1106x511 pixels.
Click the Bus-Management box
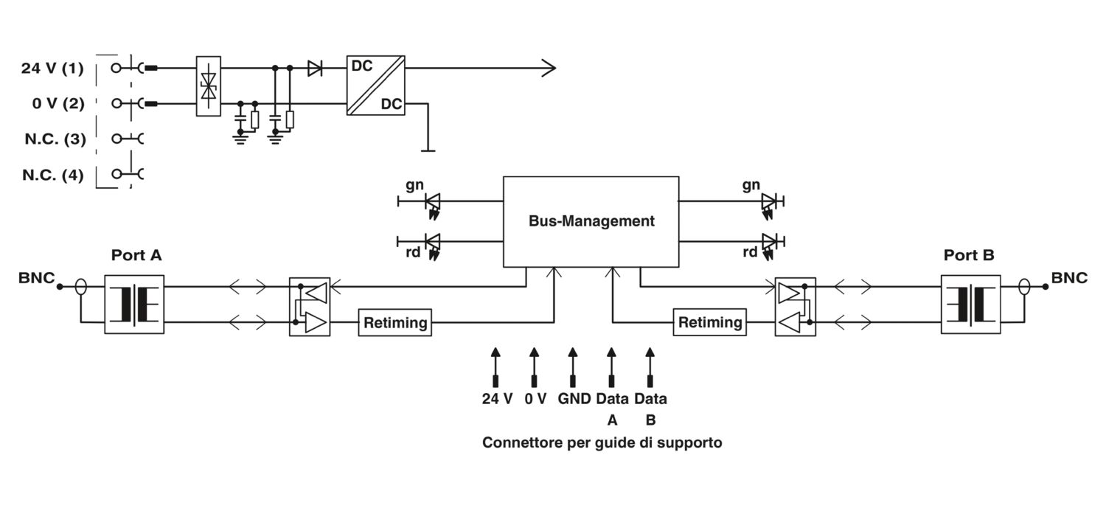tap(591, 221)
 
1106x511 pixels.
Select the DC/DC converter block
tap(375, 85)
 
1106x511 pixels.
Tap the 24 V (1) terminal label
tap(52, 69)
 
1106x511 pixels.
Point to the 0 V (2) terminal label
tap(58, 103)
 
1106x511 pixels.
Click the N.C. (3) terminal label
tap(55, 139)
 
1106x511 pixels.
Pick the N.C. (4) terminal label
tap(52, 175)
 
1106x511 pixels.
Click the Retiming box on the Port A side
tap(395, 322)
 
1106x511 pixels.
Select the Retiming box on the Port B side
tap(709, 322)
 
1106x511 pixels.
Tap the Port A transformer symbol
tap(134, 304)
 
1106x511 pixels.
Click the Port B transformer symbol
tap(970, 304)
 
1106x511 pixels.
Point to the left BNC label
tap(37, 278)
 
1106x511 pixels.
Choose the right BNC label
tap(1069, 278)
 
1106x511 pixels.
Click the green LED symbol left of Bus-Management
tap(433, 201)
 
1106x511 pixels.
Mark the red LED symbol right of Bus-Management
tap(770, 241)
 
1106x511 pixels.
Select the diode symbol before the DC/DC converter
tap(315, 69)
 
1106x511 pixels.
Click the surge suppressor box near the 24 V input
tap(209, 86)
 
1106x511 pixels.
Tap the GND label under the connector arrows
tap(574, 399)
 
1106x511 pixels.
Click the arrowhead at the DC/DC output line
tap(549, 69)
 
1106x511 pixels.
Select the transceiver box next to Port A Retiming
tap(310, 307)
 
